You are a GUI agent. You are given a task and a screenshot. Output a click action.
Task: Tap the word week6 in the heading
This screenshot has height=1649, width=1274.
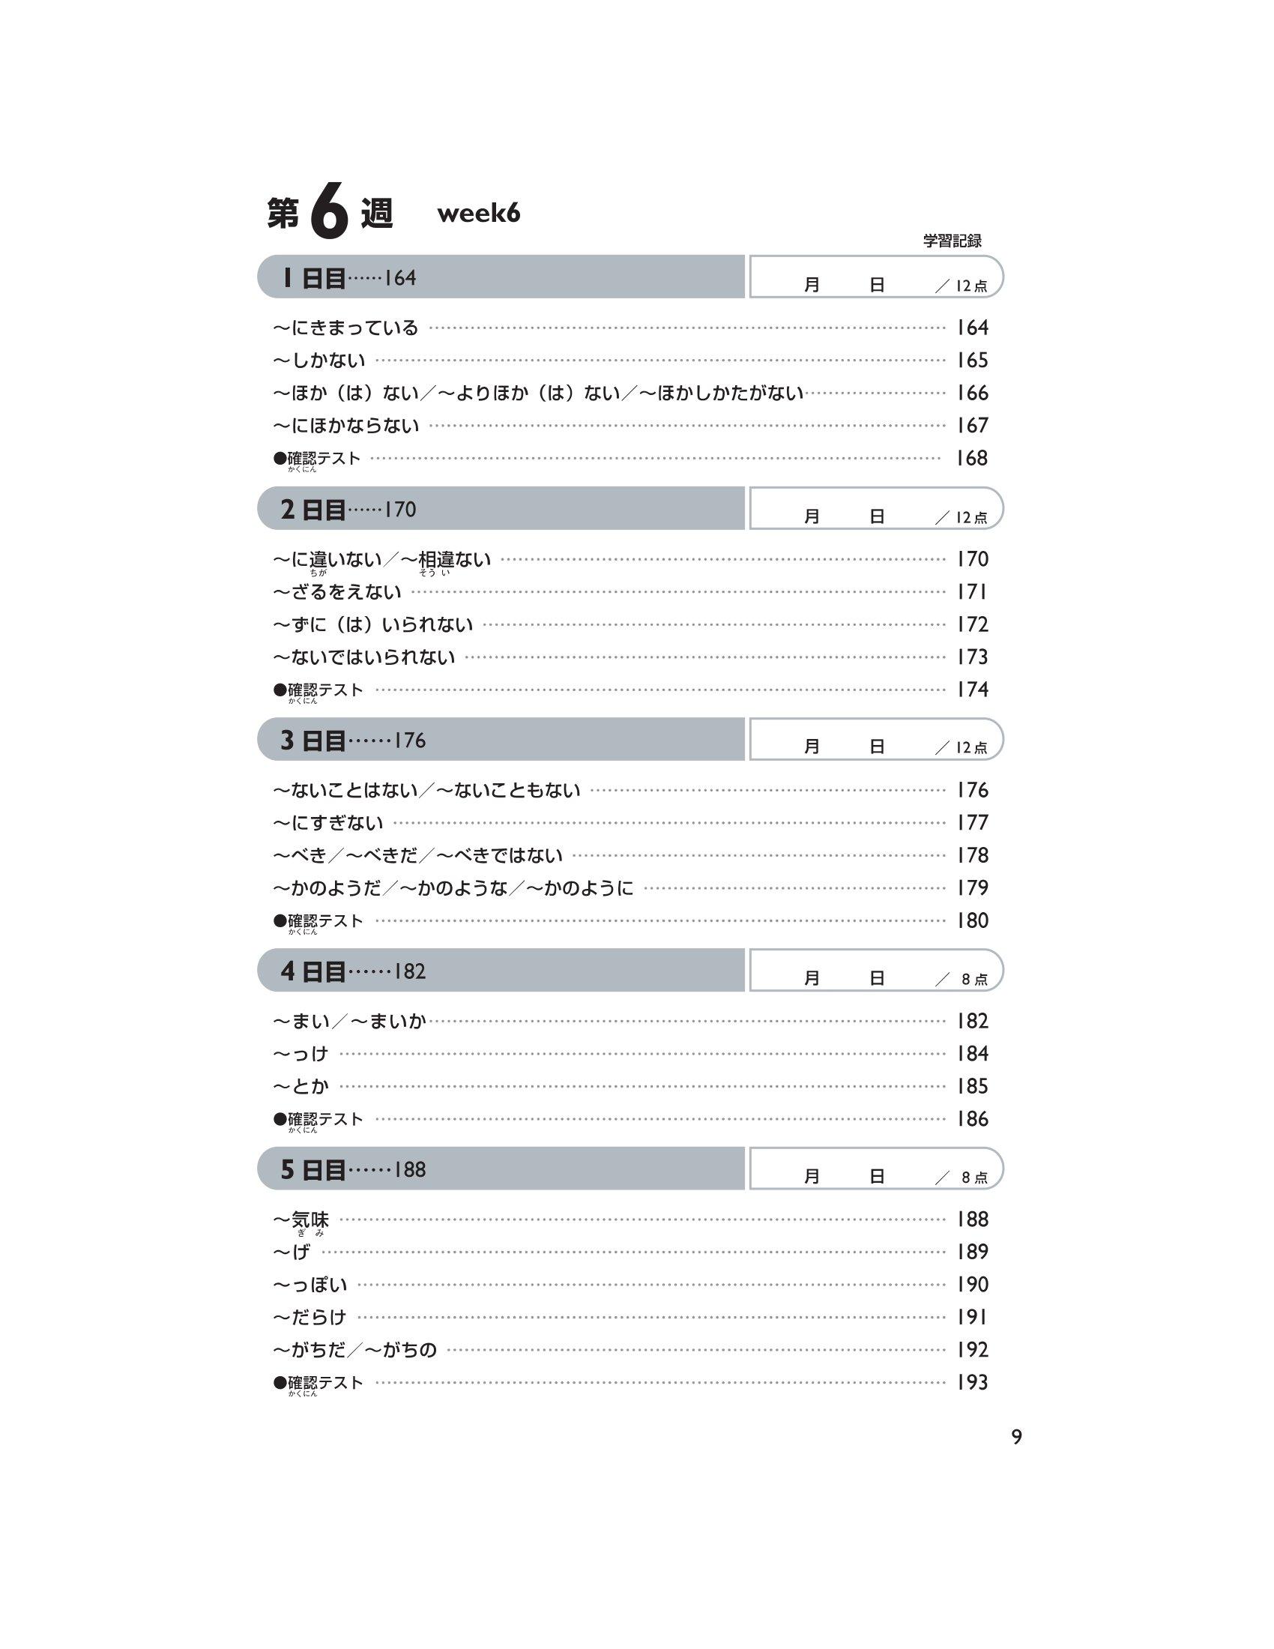[479, 214]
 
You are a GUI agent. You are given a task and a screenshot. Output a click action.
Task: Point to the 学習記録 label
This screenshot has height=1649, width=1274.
[952, 241]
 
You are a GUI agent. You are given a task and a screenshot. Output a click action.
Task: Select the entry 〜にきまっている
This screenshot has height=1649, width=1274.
[345, 328]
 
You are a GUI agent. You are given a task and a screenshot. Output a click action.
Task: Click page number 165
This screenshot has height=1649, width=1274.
[972, 360]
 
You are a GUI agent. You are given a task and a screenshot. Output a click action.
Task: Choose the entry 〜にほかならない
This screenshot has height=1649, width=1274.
[345, 426]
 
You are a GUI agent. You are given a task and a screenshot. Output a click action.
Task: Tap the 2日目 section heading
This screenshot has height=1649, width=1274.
[313, 510]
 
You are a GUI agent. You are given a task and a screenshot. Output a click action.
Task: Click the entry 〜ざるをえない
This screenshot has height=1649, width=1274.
[337, 592]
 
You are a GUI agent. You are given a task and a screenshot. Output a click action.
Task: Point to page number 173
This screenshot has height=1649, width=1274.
[972, 657]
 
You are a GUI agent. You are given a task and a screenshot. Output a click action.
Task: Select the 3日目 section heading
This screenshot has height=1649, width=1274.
[313, 741]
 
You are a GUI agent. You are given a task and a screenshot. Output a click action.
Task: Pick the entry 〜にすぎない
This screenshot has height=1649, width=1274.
[328, 823]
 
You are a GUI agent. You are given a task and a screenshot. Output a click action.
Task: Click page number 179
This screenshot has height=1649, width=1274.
[972, 888]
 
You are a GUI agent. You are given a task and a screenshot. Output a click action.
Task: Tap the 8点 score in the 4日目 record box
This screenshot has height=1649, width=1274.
[974, 980]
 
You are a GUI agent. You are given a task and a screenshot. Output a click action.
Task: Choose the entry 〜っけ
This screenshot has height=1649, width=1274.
[301, 1054]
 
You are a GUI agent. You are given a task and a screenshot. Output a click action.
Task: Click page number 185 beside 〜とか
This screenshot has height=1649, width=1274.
[972, 1087]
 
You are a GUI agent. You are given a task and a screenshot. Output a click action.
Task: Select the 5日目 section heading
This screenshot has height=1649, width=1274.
[313, 1169]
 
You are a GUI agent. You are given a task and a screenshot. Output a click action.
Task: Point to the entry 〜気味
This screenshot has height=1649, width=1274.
[301, 1220]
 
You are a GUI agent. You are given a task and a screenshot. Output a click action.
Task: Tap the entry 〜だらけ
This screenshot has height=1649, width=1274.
[310, 1318]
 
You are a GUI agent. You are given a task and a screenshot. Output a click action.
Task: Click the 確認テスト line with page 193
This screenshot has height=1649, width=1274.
[318, 1383]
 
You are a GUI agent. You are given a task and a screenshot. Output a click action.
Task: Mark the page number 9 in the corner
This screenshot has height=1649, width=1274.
[1017, 1438]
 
